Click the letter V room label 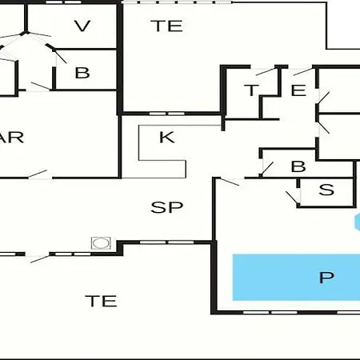point(82,26)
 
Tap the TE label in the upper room point(166,26)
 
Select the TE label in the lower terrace point(101,301)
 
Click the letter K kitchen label point(167,137)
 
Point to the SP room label point(167,207)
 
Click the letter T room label point(251,90)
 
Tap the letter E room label point(298,90)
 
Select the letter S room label point(326,190)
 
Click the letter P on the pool point(326,278)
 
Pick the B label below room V point(82,73)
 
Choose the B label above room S point(298,166)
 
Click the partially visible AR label point(12,137)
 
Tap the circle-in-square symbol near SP point(101,243)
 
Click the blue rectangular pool point(296,278)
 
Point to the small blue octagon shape point(358,222)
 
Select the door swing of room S point(292,198)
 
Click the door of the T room point(266,71)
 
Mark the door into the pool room point(230,182)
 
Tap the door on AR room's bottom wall point(38,174)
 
